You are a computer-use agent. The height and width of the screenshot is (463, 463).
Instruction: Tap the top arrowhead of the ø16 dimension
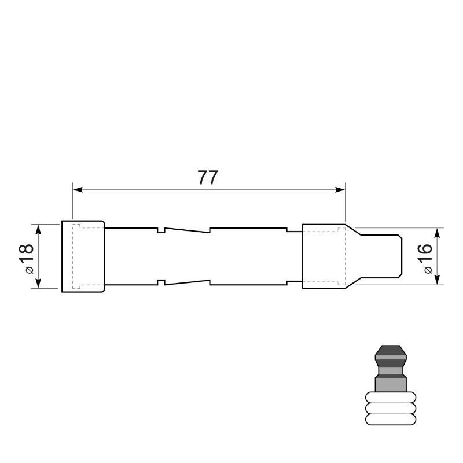(438, 232)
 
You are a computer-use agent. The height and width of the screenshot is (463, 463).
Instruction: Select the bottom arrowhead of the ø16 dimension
(438, 280)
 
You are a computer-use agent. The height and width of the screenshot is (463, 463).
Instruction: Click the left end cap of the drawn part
(83, 256)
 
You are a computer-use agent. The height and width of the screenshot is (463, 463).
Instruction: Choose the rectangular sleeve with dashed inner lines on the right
(322, 256)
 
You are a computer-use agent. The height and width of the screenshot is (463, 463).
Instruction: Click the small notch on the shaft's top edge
(161, 230)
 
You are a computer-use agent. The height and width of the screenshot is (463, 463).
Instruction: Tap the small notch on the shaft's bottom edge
(161, 282)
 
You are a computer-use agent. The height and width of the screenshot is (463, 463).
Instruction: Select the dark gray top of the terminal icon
(391, 353)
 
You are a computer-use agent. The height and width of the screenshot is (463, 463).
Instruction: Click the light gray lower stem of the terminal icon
(391, 384)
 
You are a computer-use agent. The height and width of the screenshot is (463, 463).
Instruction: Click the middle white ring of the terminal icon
(391, 409)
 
